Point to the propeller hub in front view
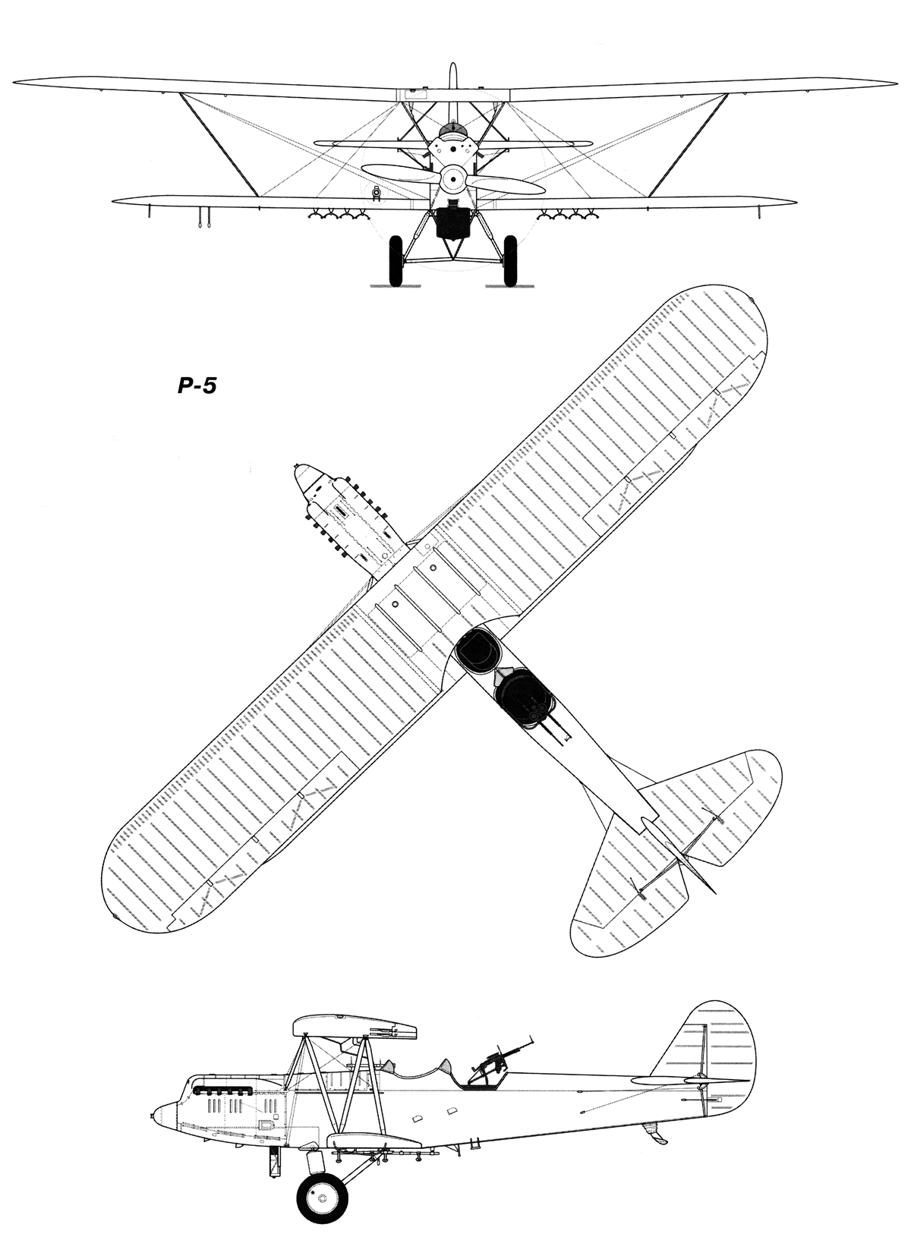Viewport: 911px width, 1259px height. (452, 177)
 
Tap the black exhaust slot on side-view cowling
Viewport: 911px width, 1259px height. (224, 1091)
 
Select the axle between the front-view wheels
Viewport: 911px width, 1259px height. (452, 262)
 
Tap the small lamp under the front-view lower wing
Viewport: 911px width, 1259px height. (375, 193)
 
